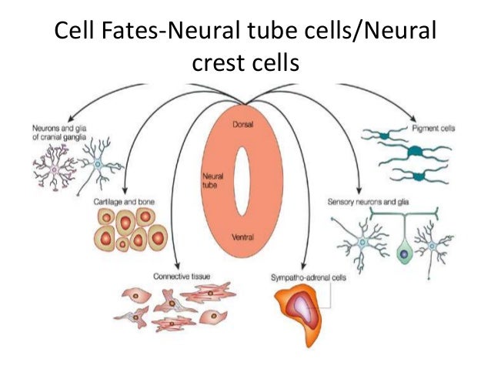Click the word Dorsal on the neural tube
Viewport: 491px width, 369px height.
[243, 124]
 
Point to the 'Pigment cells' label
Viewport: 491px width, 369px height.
[433, 129]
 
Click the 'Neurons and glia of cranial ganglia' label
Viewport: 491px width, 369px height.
[57, 132]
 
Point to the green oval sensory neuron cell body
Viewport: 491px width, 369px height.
[404, 253]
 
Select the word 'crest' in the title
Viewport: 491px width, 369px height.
[219, 65]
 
